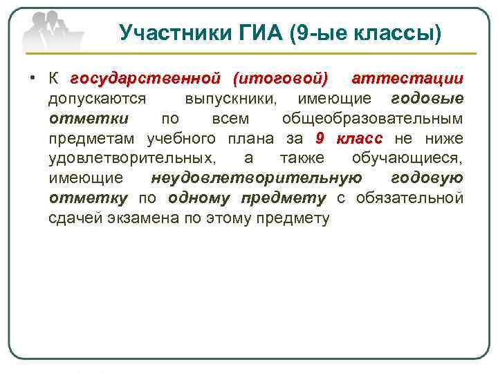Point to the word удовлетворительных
pos(130,158)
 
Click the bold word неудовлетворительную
pos(256,178)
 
